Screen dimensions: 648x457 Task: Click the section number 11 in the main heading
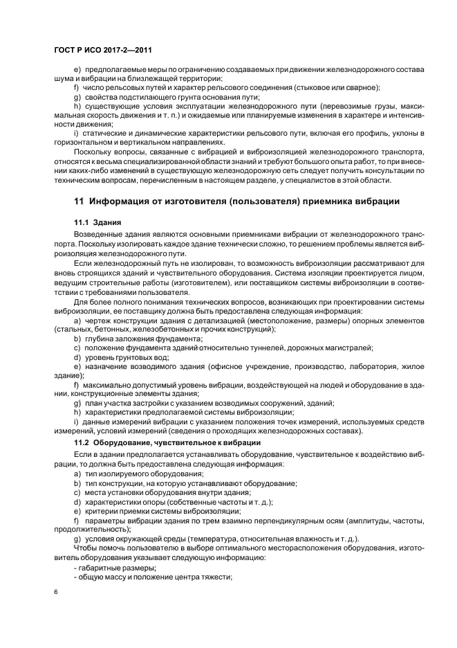click(x=78, y=201)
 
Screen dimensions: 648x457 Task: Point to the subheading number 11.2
click(x=83, y=441)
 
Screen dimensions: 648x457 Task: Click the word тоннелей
click(x=276, y=347)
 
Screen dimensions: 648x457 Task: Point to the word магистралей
click(x=346, y=347)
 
